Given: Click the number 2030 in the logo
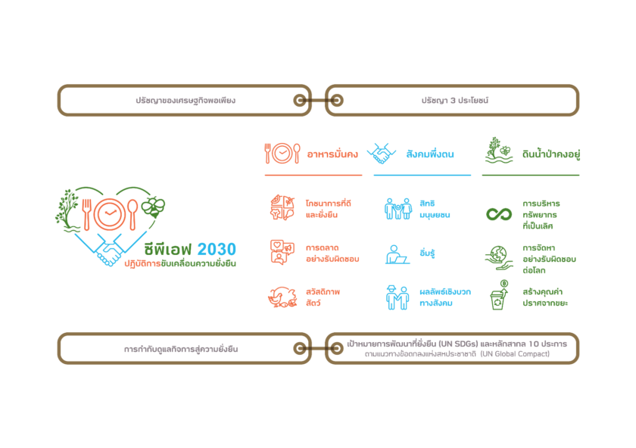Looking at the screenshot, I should click(217, 249).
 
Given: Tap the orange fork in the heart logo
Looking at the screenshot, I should click(86, 214).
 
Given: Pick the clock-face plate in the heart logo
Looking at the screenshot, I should click(111, 214).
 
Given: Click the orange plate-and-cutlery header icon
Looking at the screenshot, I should click(282, 154).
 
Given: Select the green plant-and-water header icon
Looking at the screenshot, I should click(499, 151).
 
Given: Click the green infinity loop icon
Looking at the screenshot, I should click(499, 213).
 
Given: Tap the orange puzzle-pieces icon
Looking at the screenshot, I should click(282, 207).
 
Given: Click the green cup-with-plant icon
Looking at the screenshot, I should click(499, 294).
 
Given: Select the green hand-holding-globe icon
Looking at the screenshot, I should click(499, 257).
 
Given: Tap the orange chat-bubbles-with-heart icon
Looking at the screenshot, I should click(282, 252).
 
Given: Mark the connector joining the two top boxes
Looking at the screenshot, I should click(318, 100).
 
